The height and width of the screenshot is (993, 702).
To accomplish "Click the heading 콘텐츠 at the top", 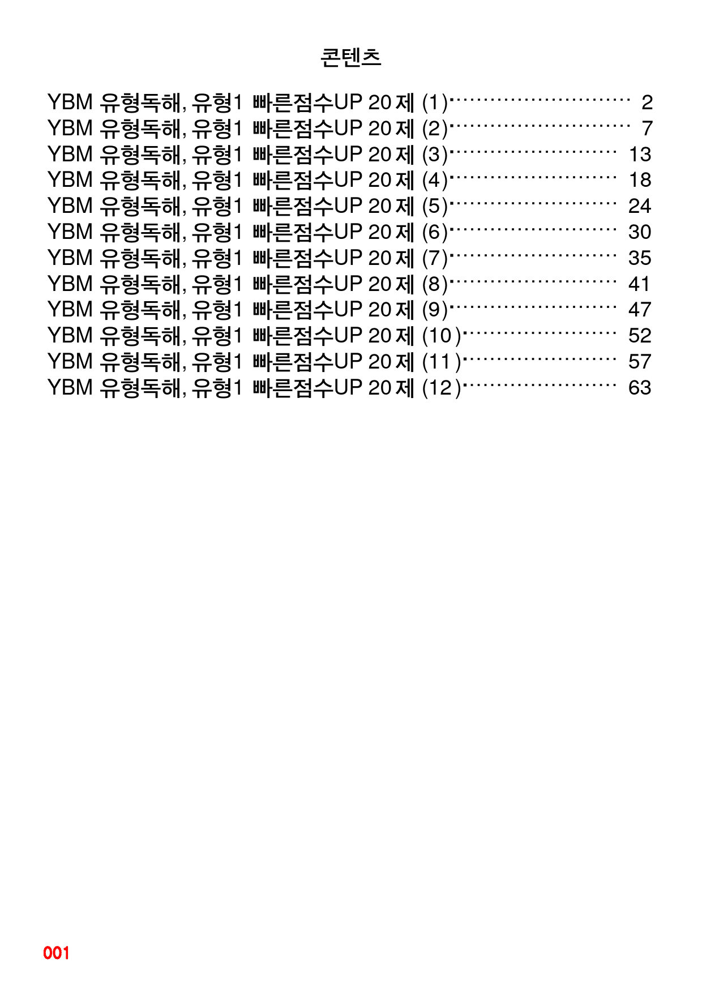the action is coord(351,57).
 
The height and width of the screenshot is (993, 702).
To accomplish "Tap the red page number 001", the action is coord(56,953).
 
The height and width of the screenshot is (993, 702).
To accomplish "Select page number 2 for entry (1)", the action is coord(647,102).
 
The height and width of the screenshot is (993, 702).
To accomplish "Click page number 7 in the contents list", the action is coord(647,129).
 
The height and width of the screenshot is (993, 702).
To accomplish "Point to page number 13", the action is coord(640,155).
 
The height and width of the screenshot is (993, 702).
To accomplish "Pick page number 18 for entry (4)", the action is coord(640,180).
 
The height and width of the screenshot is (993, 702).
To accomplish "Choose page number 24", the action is coord(640,206).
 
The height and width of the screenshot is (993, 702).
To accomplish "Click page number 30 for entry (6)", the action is coord(640,232).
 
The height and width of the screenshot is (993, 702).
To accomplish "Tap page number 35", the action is coord(640,258).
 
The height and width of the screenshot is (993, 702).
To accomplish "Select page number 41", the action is coord(640,284).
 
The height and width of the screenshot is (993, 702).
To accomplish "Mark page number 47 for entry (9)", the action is coord(640,310).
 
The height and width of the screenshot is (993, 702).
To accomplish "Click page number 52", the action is coord(640,336).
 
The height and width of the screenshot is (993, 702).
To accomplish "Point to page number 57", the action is coord(640,362).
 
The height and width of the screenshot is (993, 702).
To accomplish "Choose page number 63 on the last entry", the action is coord(640,388).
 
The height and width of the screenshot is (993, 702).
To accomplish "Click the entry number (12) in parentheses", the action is coord(442,388).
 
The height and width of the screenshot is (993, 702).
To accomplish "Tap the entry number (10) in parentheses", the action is coord(442,336).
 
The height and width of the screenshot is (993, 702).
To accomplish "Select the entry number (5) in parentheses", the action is coord(435,207).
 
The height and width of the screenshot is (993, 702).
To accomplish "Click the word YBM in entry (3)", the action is coord(70,154).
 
